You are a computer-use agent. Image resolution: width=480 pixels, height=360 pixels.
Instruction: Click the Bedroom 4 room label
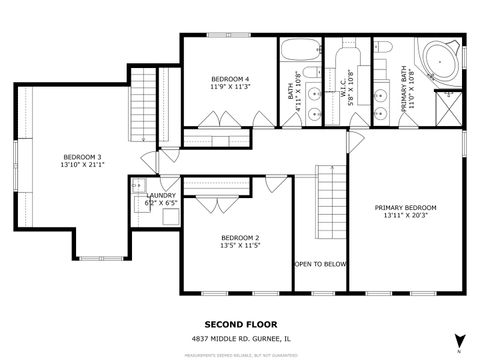[x=230, y=79]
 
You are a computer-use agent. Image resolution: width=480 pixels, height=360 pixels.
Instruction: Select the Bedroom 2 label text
[x=240, y=237]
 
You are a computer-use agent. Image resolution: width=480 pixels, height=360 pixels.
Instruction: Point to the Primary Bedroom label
[x=405, y=208]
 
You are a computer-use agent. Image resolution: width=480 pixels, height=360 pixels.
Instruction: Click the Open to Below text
[x=320, y=264]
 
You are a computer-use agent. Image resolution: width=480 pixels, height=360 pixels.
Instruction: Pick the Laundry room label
[x=161, y=196]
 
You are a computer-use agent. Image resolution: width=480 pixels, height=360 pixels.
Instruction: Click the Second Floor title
[x=239, y=324]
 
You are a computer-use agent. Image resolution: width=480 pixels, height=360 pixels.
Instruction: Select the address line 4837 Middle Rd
[x=240, y=338]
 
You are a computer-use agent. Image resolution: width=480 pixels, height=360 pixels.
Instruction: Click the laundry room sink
[x=136, y=185]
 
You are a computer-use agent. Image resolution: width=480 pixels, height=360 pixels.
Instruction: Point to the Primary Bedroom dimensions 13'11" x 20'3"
[x=405, y=217]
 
